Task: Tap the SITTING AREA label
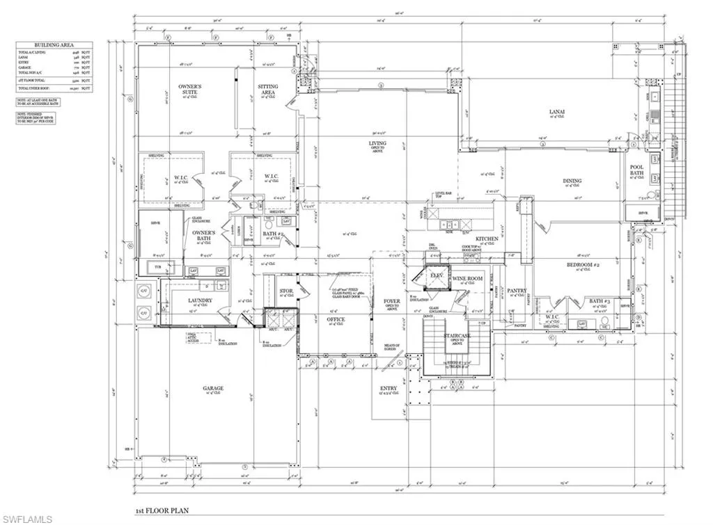[x=268, y=90]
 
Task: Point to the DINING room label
[x=572, y=181]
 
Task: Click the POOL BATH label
[x=636, y=170]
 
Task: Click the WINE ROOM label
[x=468, y=278]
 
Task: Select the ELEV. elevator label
[x=437, y=275]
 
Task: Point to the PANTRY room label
[x=517, y=291]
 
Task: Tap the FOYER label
[x=392, y=301]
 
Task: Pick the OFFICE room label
[x=336, y=319]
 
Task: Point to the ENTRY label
[x=388, y=388]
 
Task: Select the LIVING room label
[x=377, y=144]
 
